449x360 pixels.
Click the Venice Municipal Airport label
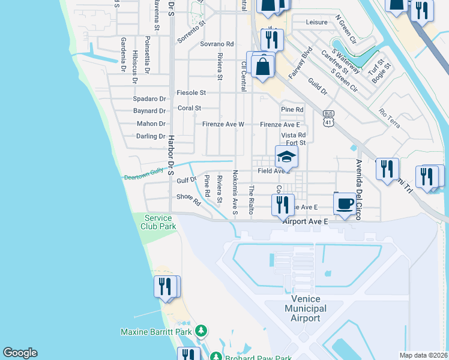coord(305,308)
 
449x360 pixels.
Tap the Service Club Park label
coord(158,222)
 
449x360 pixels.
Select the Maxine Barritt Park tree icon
coord(202,331)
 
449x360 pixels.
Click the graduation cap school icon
coord(286,158)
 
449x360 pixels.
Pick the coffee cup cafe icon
coord(345,203)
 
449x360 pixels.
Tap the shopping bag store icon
coord(263,66)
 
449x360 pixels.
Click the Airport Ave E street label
coord(306,221)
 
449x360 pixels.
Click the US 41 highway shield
coord(328,118)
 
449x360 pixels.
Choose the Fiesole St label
coord(191,93)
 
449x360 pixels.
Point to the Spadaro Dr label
coord(149,98)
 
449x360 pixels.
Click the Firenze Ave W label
coord(222,124)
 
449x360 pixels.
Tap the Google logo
coord(20,353)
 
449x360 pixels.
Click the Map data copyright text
coord(424,355)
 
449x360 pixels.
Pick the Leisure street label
coord(316,22)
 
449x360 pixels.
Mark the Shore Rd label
coord(188,199)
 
